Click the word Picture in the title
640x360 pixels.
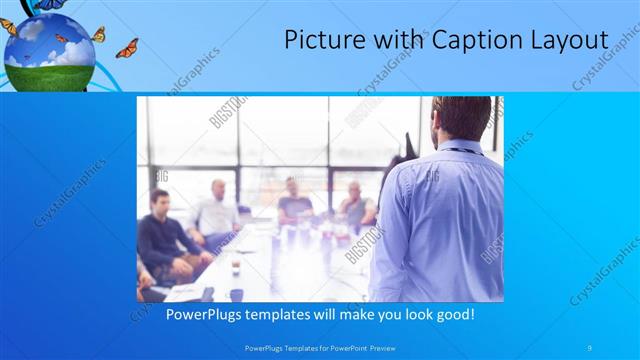(319, 40)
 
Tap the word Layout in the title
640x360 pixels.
(568, 40)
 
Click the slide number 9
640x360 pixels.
(590, 347)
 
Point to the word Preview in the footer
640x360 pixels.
(389, 347)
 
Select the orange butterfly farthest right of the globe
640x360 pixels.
(127, 48)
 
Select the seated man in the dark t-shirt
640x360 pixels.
(294, 201)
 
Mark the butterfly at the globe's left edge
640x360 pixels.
(8, 27)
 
